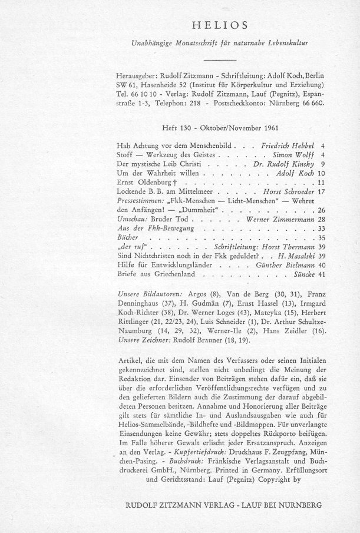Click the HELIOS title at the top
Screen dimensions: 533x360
point(223,25)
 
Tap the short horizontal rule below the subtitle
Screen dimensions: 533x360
point(223,61)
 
